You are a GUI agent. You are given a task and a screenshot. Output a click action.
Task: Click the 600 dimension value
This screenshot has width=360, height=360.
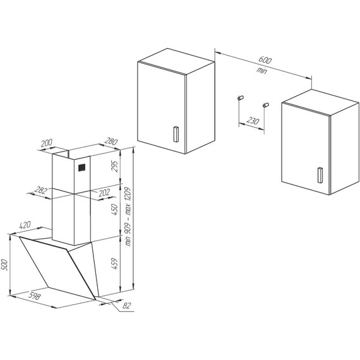click(x=266, y=60)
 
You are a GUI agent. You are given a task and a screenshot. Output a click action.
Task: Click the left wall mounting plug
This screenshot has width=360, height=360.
click(x=240, y=97)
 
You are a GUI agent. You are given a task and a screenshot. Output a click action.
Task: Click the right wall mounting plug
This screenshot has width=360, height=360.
click(x=265, y=103)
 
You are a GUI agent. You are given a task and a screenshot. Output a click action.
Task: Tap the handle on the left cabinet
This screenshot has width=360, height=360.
click(x=175, y=133)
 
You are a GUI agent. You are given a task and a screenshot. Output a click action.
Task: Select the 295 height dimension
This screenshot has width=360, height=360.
click(x=115, y=166)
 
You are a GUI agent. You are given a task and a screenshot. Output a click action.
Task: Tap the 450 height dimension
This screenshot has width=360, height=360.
click(x=115, y=209)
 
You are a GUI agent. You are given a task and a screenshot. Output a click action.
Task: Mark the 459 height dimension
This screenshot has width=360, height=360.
click(x=115, y=261)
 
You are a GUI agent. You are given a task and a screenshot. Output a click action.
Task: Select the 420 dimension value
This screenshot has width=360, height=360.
click(x=26, y=224)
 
